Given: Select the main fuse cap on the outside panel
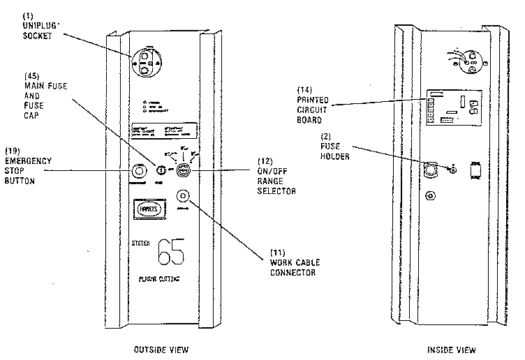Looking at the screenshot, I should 159,170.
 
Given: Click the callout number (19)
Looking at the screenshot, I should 14,151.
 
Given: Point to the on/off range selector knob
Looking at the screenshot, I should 183,170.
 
